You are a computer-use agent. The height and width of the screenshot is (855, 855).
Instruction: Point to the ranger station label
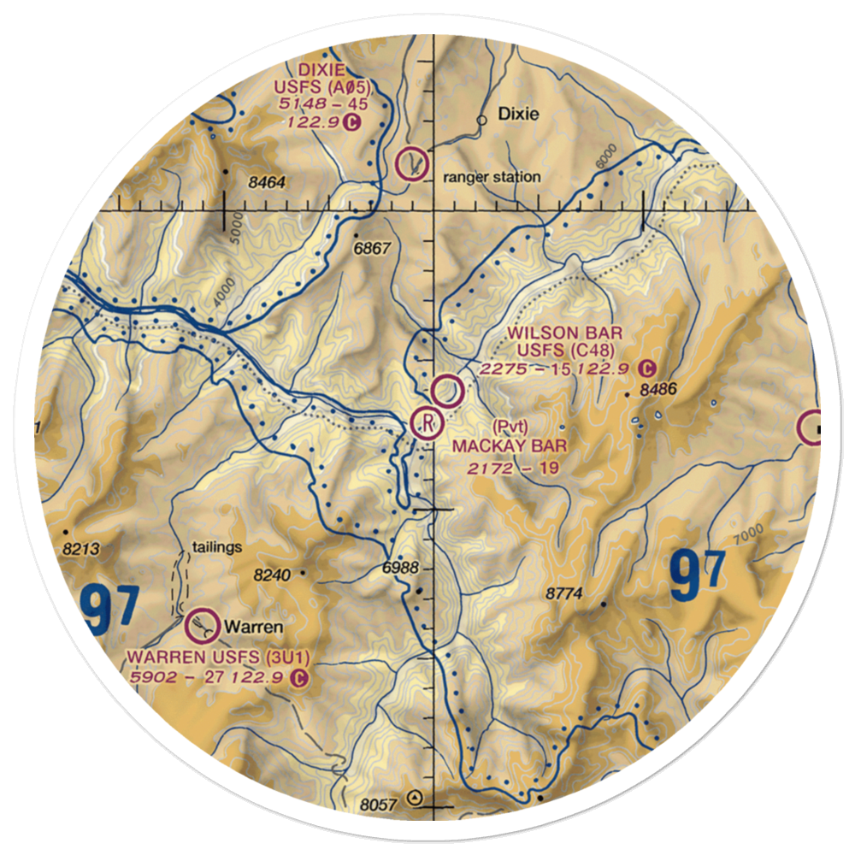[x=492, y=177]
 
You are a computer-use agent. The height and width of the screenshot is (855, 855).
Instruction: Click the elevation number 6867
[x=372, y=248]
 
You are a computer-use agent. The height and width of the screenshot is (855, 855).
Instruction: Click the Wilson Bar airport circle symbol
[x=447, y=392]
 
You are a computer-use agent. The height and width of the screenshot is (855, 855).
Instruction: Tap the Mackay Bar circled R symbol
[x=426, y=421]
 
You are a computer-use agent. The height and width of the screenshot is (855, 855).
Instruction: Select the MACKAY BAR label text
[x=510, y=445]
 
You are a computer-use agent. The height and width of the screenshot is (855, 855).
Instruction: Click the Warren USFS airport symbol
[x=201, y=627]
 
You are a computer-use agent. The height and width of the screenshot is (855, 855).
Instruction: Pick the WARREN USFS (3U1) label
[x=218, y=657]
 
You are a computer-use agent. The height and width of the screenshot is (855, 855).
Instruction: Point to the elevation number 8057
[x=380, y=805]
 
